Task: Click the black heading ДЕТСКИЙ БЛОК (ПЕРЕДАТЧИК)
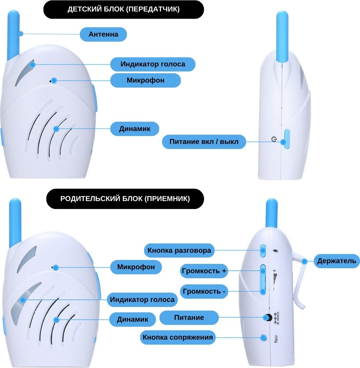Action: (124, 9)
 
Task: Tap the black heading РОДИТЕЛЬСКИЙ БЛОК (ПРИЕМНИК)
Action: (125, 199)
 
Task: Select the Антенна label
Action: (103, 34)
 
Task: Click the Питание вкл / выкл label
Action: (204, 142)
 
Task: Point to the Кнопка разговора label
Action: (179, 250)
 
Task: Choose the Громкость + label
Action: (204, 271)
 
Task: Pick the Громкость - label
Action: (204, 292)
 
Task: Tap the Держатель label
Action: (337, 261)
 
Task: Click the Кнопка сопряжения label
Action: (177, 337)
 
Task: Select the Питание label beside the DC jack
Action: (189, 318)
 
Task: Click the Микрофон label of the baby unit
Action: (146, 80)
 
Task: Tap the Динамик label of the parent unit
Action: (133, 320)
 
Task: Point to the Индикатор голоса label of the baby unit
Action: (153, 64)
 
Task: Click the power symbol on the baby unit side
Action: (274, 139)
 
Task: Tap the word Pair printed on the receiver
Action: (276, 339)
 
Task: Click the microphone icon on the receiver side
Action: (276, 251)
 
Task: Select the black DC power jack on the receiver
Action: (268, 317)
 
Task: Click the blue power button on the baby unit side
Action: (287, 139)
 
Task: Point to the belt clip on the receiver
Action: (299, 279)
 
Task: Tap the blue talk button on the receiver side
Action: (263, 251)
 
